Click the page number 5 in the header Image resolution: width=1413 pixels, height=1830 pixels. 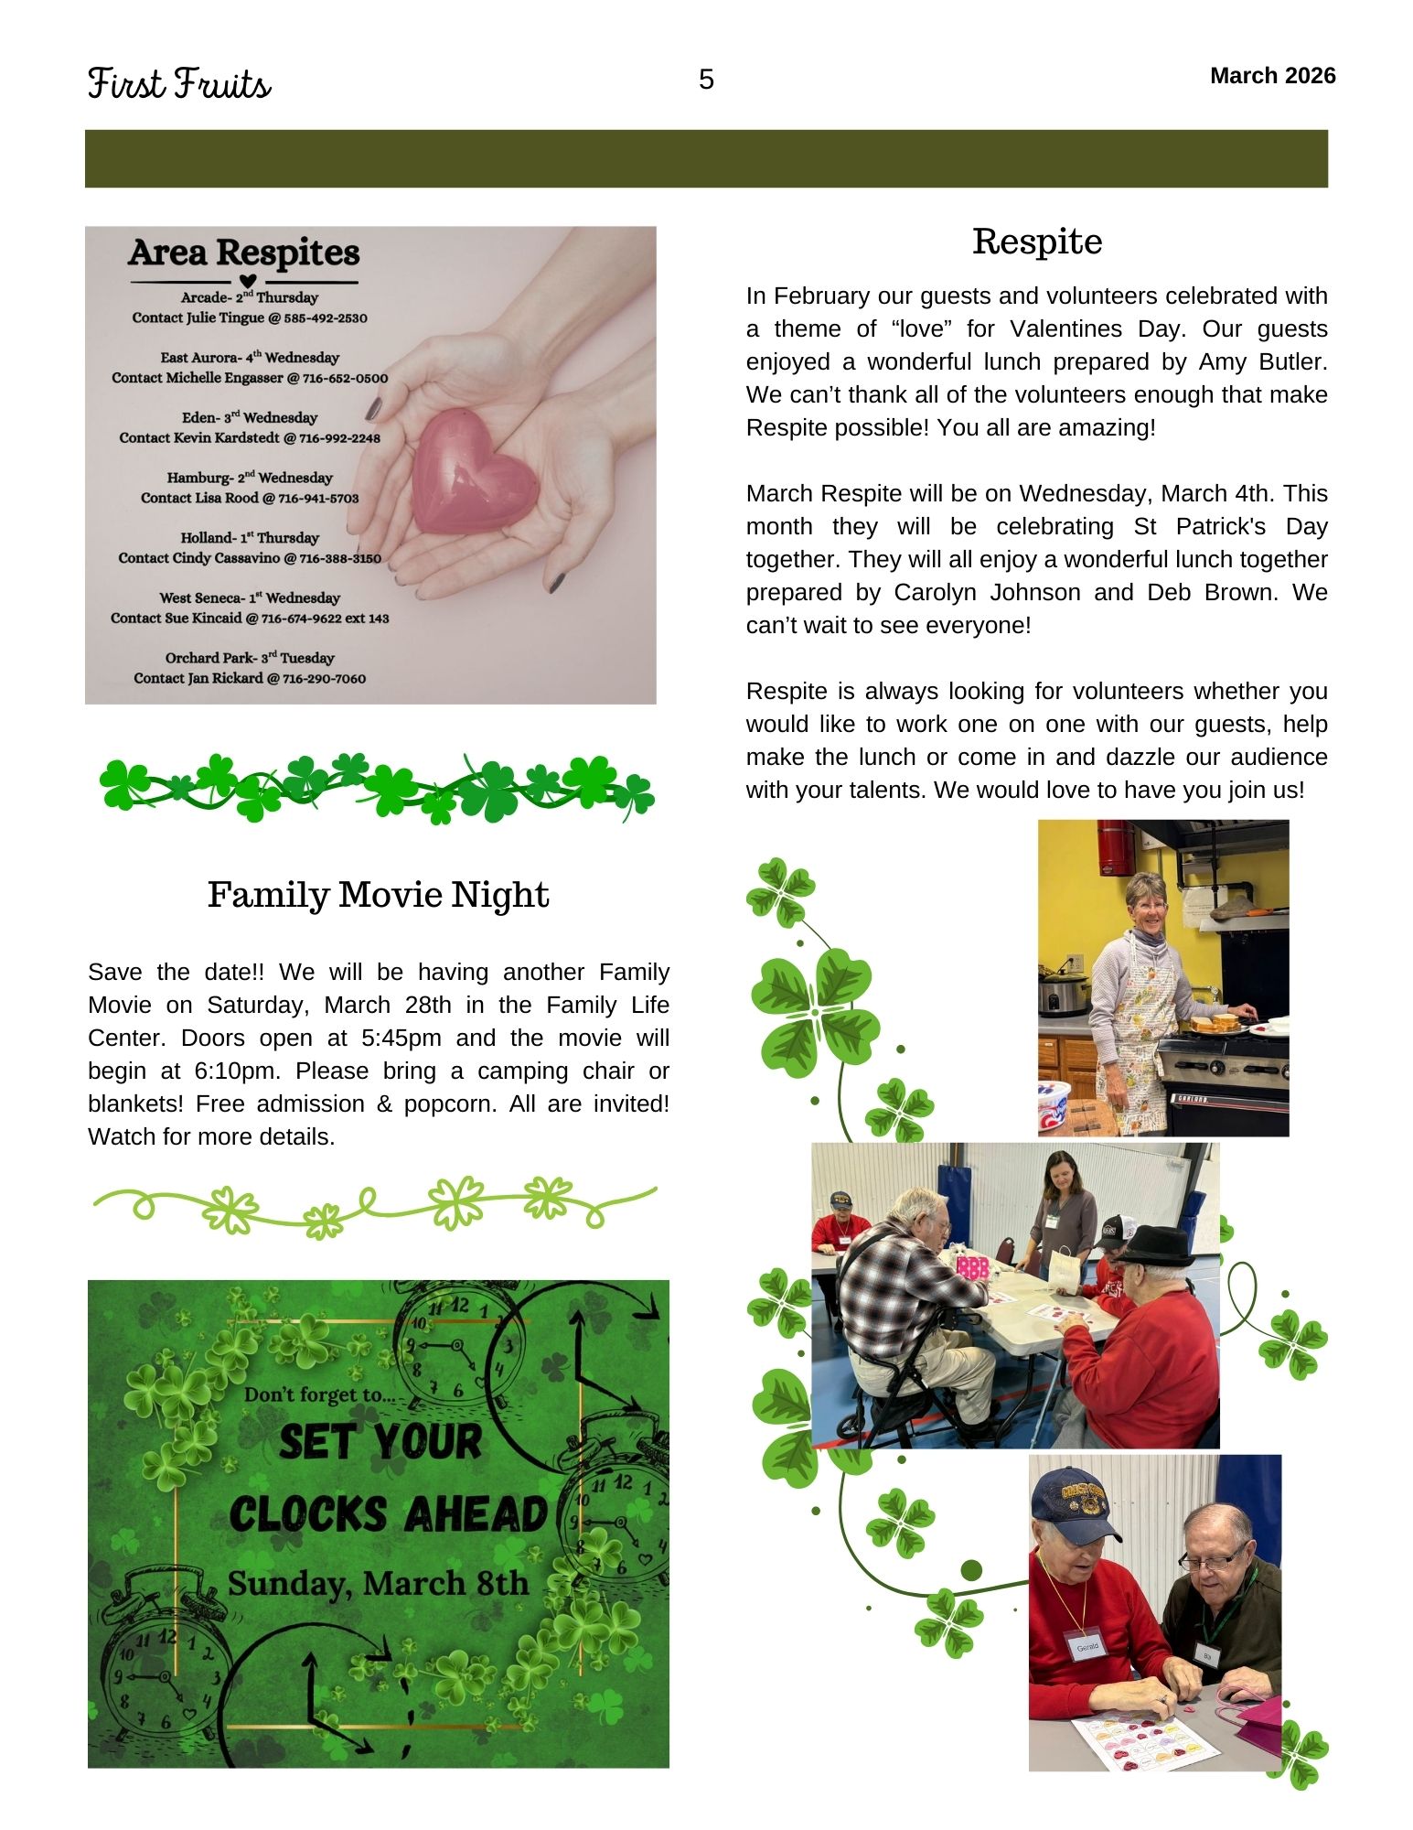(x=706, y=81)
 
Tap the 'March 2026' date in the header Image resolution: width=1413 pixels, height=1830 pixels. (x=1272, y=76)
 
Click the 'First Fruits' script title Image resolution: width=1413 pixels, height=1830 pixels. (x=180, y=84)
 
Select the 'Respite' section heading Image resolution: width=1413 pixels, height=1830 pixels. (x=1037, y=242)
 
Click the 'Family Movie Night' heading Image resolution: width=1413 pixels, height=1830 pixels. (x=378, y=895)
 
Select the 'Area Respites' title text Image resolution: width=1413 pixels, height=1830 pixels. (x=244, y=253)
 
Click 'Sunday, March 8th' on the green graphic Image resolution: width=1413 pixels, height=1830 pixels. (x=378, y=1583)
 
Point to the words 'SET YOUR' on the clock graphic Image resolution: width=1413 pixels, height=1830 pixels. (x=380, y=1443)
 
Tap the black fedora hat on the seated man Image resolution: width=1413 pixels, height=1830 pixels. (x=1155, y=1246)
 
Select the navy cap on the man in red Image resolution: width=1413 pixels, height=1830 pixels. (x=1072, y=1498)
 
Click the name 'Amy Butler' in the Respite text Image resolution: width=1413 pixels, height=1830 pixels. (x=1263, y=362)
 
